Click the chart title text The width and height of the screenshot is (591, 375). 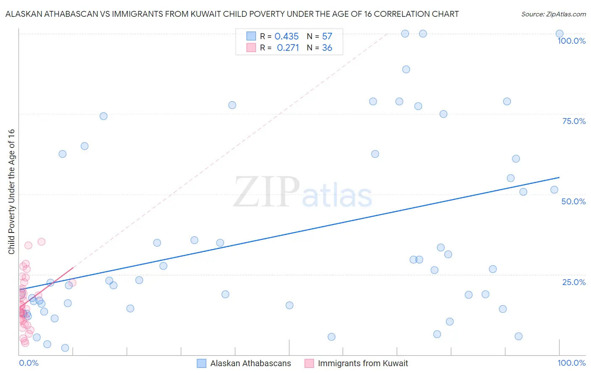point(232,14)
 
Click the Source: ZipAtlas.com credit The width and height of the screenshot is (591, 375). point(553,14)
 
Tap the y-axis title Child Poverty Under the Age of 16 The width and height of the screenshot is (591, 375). point(11,192)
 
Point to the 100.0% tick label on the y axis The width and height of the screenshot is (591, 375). point(571,41)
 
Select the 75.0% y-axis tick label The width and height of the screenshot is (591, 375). point(574,121)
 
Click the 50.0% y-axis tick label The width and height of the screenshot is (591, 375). point(573,201)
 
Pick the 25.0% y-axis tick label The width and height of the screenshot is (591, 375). point(574,282)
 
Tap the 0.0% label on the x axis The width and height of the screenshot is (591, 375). point(29,363)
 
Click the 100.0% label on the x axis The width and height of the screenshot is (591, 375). point(571,363)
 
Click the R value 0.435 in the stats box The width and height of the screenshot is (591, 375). point(287,37)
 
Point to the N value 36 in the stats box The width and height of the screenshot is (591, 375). point(327,48)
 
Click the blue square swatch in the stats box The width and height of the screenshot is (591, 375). point(251,36)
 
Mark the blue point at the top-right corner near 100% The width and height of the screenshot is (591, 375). point(559,34)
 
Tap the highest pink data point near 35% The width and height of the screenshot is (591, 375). point(41,242)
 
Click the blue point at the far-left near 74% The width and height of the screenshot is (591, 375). point(103,116)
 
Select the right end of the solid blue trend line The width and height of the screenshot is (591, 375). point(559,177)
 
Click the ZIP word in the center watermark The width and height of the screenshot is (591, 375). point(266,192)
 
